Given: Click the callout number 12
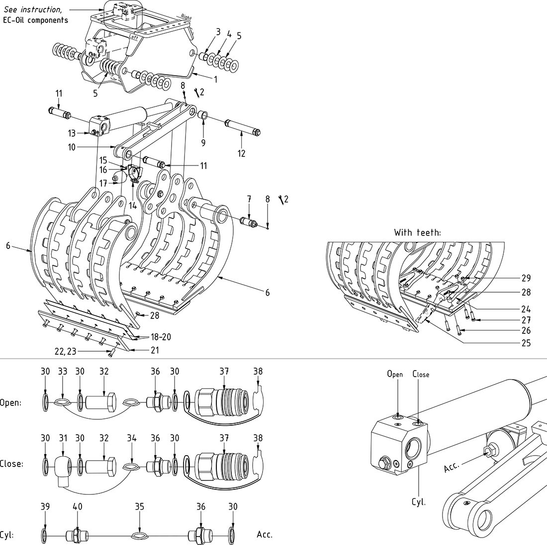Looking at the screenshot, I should (241, 154).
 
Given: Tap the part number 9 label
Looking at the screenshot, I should (203, 143).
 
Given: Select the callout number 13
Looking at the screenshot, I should (73, 133).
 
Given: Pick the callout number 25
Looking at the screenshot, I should (526, 343).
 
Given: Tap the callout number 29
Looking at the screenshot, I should (526, 278).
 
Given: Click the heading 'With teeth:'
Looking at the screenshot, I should (418, 232).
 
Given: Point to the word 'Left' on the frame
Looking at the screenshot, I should (133, 36).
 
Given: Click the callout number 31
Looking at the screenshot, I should (63, 438).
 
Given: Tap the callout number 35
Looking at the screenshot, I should (140, 506).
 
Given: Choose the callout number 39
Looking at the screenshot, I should (45, 506).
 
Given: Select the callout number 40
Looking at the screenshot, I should (78, 506).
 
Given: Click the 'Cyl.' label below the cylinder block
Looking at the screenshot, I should (419, 502).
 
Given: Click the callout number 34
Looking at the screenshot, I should (131, 438).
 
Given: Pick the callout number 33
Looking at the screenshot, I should (63, 371).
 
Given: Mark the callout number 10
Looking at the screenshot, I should (72, 147).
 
